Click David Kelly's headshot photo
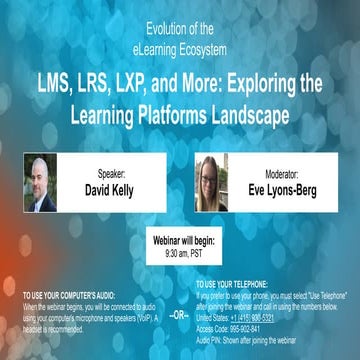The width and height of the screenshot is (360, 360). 40,181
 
